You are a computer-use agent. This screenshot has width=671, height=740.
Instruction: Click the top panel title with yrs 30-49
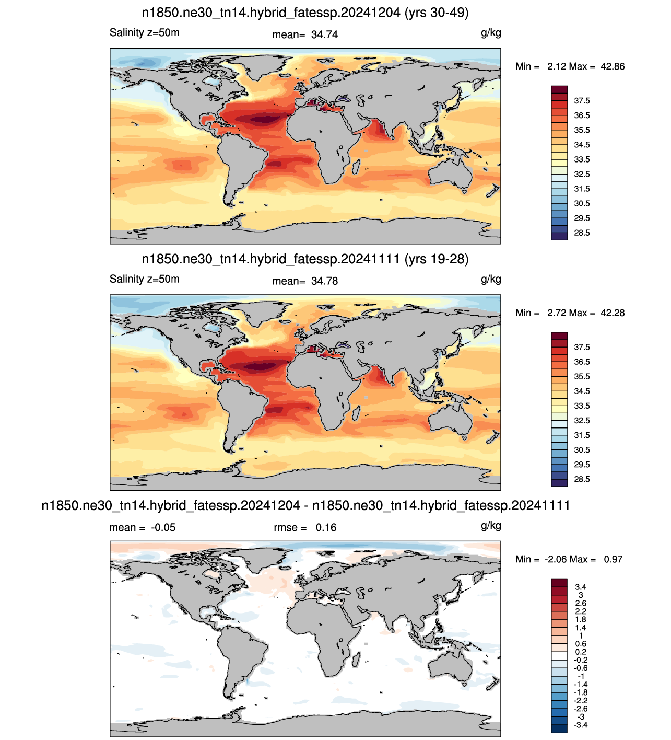point(305,13)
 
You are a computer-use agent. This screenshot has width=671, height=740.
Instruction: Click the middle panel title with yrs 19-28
point(305,259)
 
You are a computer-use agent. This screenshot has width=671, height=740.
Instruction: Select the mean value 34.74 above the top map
point(324,34)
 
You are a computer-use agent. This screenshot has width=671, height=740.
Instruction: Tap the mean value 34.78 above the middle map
point(324,281)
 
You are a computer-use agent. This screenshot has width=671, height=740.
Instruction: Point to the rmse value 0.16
point(326,527)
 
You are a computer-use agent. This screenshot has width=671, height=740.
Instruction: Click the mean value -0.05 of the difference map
point(163,527)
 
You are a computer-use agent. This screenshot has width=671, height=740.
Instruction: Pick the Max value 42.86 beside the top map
point(613,66)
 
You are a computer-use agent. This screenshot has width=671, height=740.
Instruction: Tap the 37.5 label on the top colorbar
point(582,101)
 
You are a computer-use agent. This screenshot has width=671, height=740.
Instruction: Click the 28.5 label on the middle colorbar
point(582,479)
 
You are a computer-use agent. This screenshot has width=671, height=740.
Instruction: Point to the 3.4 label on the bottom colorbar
point(581,587)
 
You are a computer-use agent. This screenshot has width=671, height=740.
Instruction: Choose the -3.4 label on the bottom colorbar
point(581,725)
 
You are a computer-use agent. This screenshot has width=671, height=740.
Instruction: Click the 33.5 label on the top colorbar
point(582,159)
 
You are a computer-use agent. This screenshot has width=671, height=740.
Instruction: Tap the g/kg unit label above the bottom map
point(491,526)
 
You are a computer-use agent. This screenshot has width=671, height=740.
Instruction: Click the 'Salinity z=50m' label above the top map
point(145,33)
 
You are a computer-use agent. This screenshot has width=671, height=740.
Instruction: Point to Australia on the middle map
point(451,420)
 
